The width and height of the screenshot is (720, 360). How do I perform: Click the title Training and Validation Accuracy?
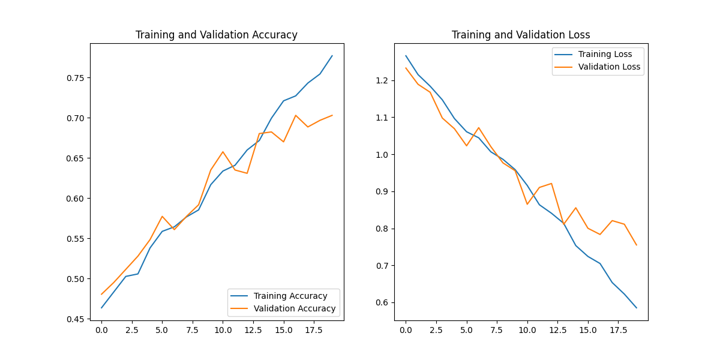217,35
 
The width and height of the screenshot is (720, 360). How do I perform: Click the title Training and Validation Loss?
521,35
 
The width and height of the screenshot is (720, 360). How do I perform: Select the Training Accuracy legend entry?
290,296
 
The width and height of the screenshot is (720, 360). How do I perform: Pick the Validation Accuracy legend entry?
295,308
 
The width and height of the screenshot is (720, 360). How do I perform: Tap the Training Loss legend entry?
604,54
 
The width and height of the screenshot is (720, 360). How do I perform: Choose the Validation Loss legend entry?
609,67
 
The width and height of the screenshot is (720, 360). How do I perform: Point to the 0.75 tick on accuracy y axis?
77,78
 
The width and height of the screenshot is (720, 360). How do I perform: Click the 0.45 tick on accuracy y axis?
77,319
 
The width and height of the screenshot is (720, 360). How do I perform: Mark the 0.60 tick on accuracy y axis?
77,199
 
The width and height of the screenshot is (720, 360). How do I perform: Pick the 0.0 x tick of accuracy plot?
101,330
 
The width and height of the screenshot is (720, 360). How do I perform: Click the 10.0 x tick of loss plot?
527,330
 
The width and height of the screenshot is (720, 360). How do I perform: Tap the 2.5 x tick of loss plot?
436,330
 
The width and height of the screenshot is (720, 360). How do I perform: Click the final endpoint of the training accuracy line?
332,56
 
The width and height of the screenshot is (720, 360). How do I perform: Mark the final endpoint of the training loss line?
637,308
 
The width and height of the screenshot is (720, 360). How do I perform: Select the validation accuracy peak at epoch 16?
296,115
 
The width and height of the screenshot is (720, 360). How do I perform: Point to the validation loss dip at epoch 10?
527,204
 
